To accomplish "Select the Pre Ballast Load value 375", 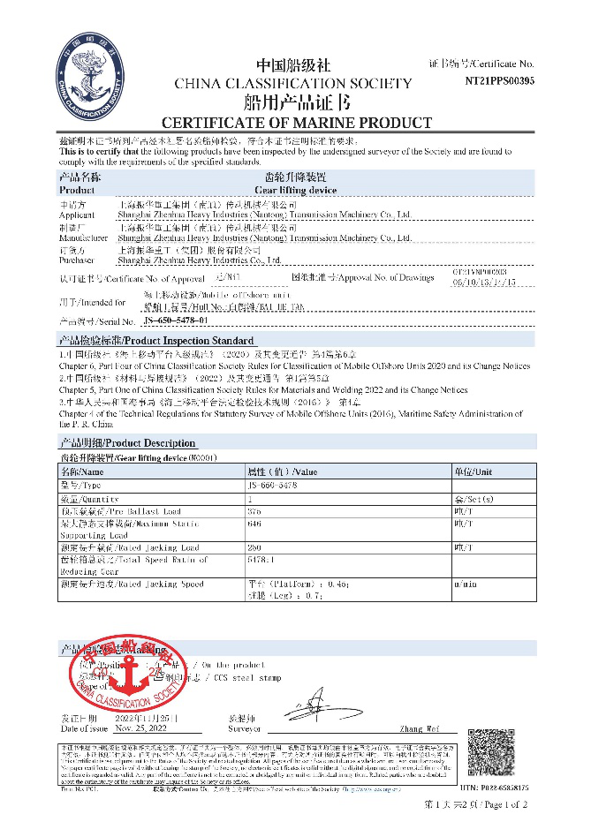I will point(255,510).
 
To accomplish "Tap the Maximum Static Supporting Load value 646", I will point(255,523).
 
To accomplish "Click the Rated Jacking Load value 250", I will point(255,547).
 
